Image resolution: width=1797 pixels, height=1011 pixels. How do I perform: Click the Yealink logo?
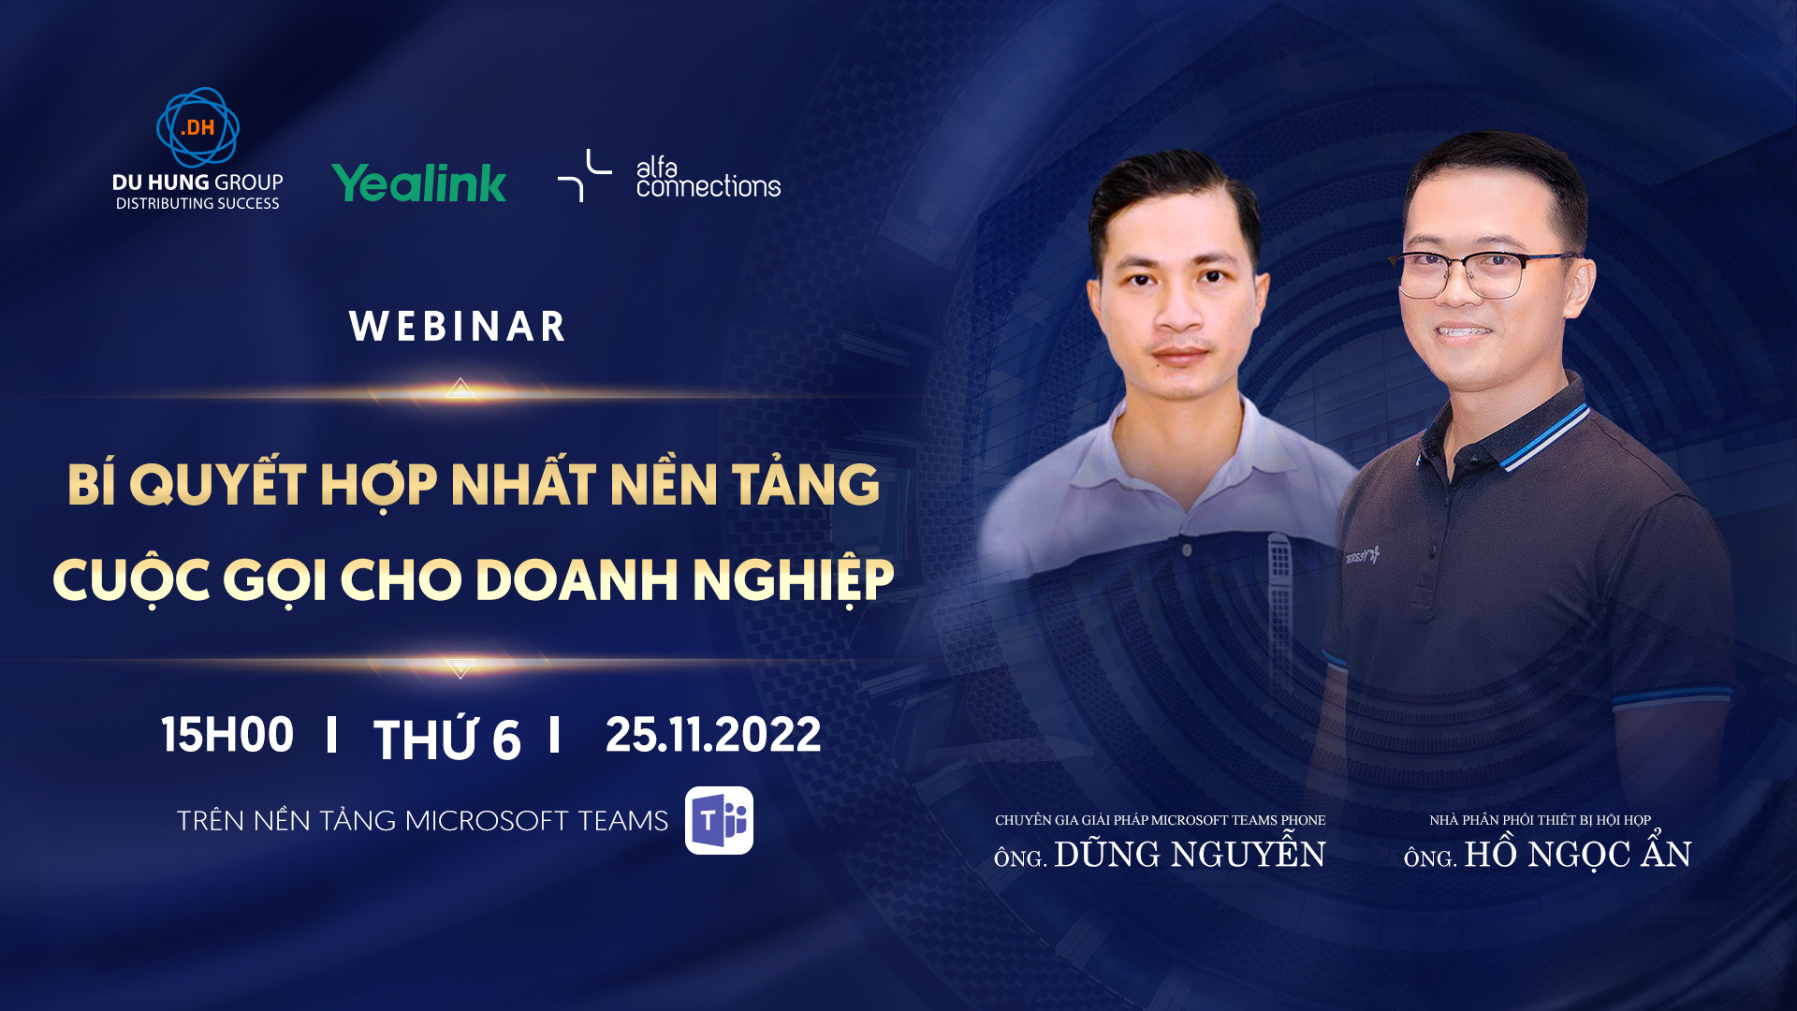[418, 183]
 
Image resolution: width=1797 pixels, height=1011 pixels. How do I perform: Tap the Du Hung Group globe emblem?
[197, 128]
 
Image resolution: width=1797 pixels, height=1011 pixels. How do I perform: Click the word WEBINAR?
[458, 327]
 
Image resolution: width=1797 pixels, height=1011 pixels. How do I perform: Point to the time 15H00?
[227, 735]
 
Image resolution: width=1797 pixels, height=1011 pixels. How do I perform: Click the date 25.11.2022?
[713, 735]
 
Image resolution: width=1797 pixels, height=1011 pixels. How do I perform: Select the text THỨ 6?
[446, 740]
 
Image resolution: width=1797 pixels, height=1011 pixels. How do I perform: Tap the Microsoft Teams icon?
[719, 820]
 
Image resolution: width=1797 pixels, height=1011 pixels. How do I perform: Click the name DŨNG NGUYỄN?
[1190, 855]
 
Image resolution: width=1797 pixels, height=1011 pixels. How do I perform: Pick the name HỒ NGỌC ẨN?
[1577, 855]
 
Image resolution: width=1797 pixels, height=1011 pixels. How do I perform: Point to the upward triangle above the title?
[460, 388]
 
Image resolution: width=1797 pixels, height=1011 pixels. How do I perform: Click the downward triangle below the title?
[460, 667]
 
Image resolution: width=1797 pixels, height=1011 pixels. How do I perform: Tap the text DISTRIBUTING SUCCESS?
[197, 204]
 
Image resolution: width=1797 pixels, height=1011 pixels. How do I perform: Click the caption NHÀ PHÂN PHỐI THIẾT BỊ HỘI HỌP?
[1540, 820]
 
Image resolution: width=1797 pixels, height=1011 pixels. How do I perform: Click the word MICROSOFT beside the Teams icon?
[487, 821]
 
